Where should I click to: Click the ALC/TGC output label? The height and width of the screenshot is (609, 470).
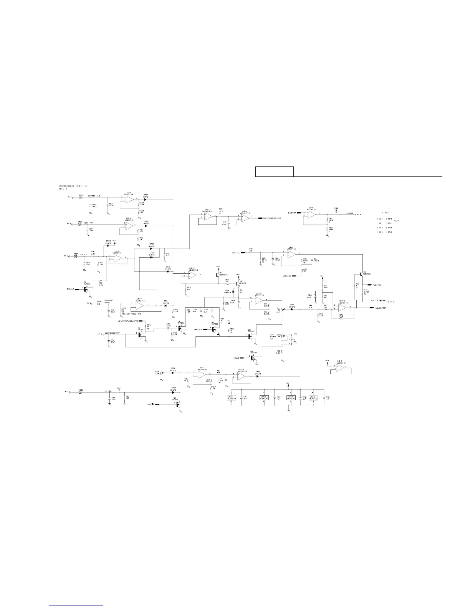click(377, 285)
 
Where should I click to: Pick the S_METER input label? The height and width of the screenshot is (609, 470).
click(293, 213)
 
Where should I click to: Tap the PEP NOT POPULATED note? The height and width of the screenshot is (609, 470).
click(132, 314)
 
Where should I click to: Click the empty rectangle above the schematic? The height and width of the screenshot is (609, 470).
click(275, 171)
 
